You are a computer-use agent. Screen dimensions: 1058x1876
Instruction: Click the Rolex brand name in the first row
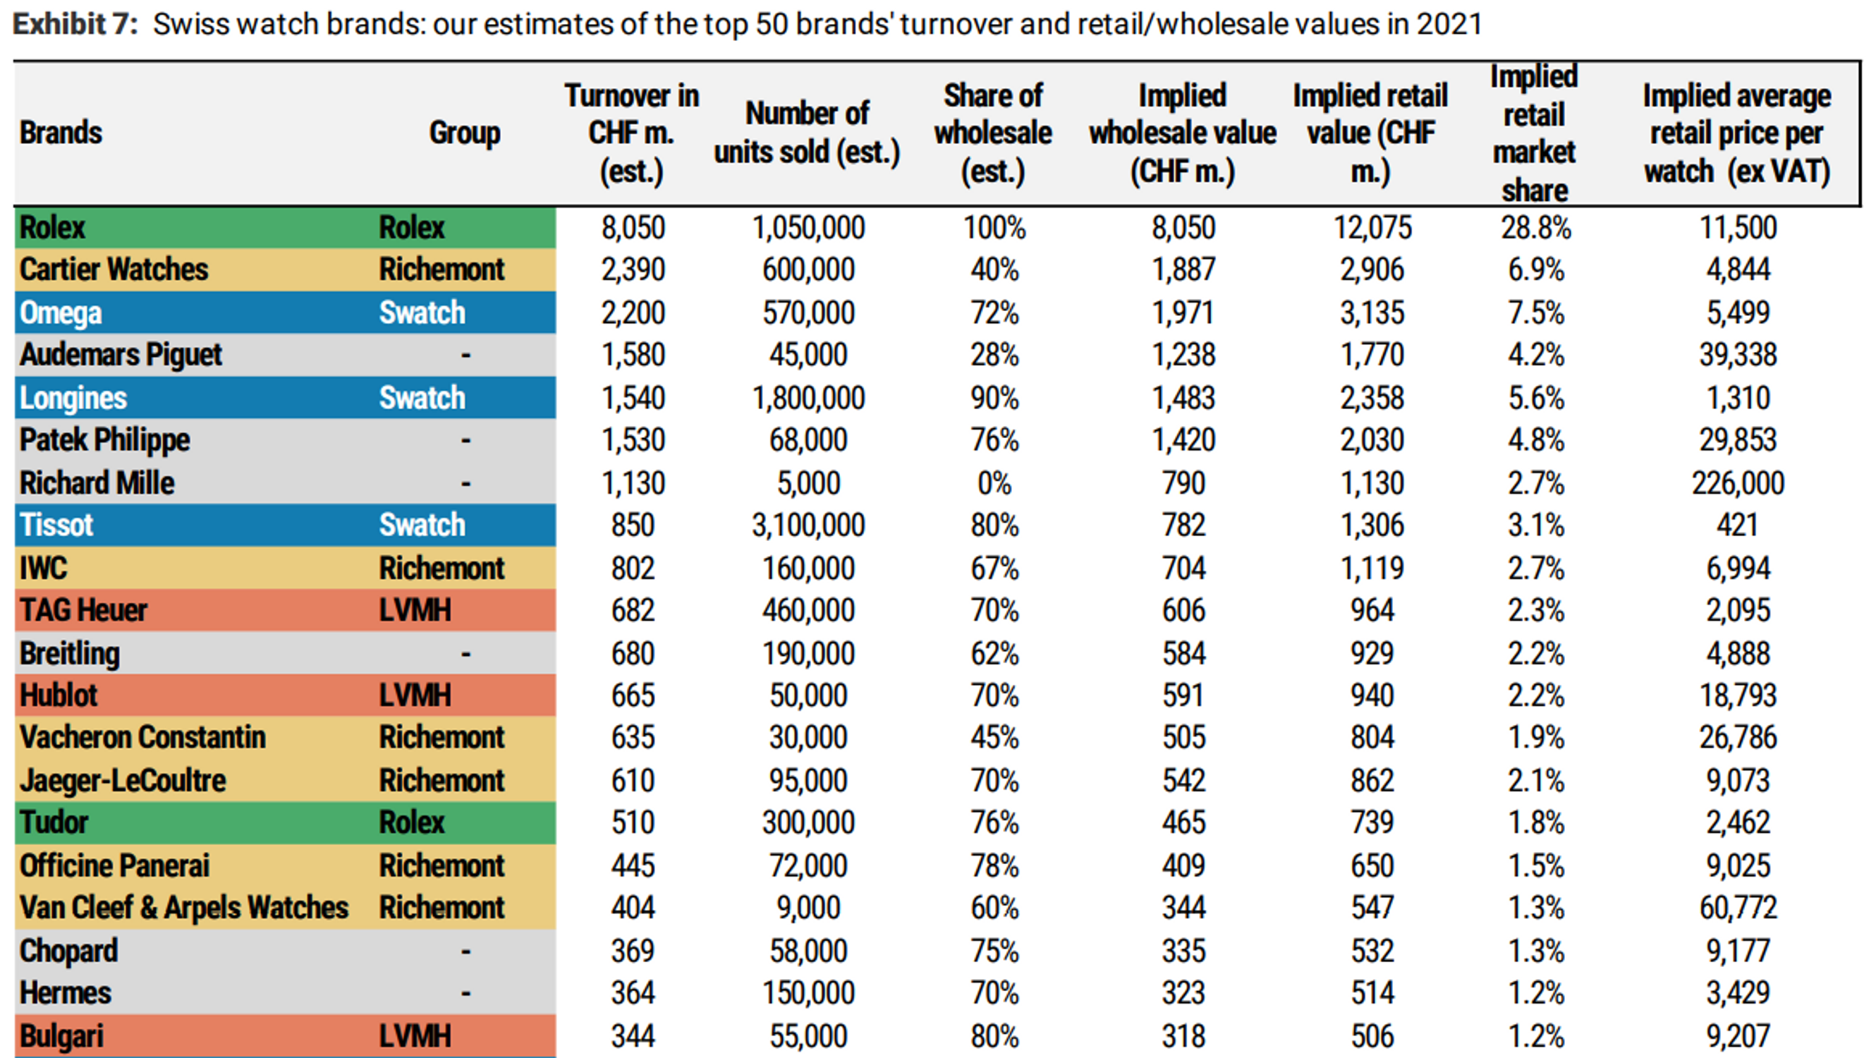coord(52,227)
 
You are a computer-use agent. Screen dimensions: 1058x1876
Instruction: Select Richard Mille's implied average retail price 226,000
coord(1737,482)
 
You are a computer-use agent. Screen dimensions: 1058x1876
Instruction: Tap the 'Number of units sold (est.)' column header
coord(807,133)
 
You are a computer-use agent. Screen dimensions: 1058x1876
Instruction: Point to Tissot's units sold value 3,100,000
coord(808,525)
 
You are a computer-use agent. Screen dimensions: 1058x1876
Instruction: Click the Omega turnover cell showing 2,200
coord(632,312)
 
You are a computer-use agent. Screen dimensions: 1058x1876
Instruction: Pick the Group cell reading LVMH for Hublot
coord(415,695)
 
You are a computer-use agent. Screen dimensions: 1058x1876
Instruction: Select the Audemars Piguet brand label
coord(121,355)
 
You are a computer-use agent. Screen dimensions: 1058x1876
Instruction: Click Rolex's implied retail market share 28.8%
coord(1535,228)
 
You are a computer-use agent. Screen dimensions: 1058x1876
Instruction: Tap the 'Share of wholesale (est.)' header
coord(992,133)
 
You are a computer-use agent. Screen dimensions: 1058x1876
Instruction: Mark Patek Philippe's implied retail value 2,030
coord(1371,440)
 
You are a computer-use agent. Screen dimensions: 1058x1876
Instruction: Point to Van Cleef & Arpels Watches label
coord(183,908)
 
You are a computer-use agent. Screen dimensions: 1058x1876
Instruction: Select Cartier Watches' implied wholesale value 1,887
coord(1183,269)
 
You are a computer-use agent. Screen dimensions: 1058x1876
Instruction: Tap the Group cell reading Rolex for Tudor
coord(410,823)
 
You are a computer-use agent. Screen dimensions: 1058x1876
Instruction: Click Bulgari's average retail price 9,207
coord(1737,1035)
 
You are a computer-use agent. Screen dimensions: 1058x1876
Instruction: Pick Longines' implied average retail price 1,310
coord(1737,398)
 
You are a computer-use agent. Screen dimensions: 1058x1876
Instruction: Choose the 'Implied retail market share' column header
coord(1534,133)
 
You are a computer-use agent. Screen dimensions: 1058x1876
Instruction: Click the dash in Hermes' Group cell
coord(465,993)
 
